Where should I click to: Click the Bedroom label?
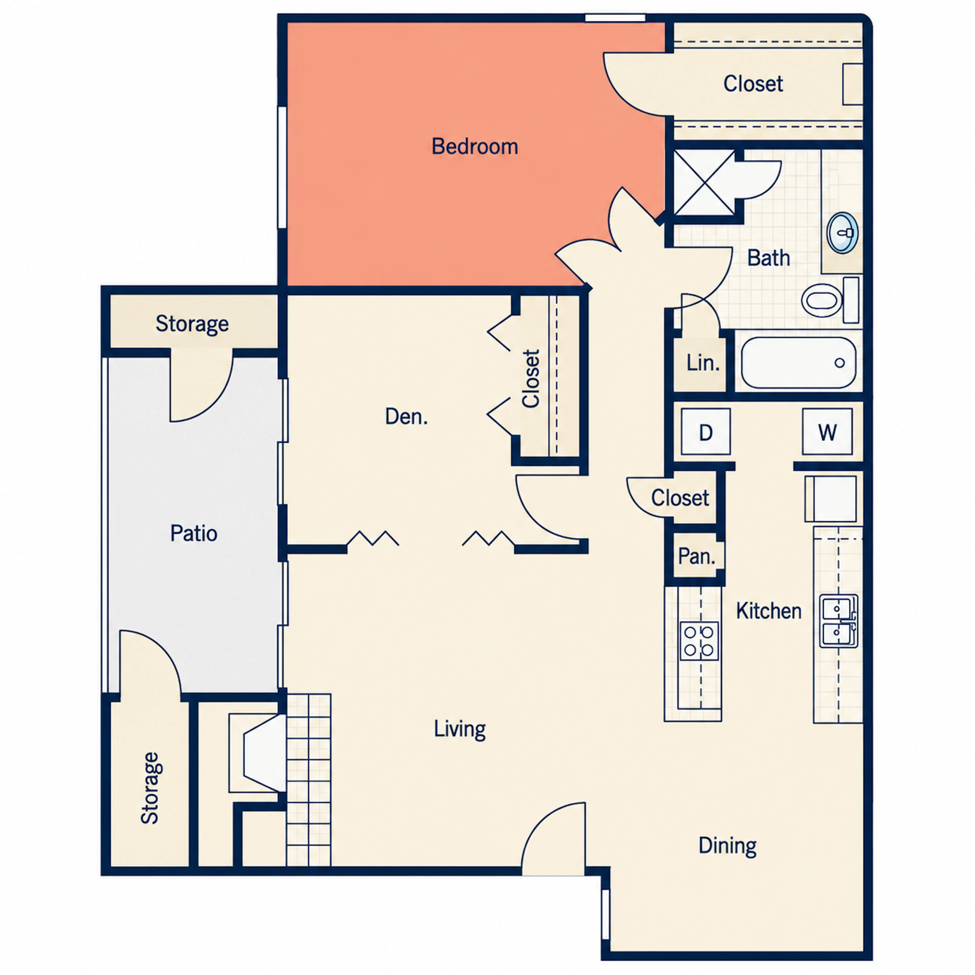pyautogui.click(x=474, y=146)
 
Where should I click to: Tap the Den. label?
pyautogui.click(x=406, y=416)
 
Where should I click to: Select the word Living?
pyautogui.click(x=460, y=729)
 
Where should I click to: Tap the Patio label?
pyautogui.click(x=194, y=533)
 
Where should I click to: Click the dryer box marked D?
pyautogui.click(x=706, y=432)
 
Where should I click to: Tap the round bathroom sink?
pyautogui.click(x=842, y=233)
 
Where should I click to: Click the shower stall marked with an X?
pyautogui.click(x=705, y=182)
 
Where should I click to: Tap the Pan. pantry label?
pyautogui.click(x=696, y=556)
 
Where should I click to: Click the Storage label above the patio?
pyautogui.click(x=192, y=323)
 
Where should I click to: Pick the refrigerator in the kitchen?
pyautogui.click(x=830, y=499)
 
